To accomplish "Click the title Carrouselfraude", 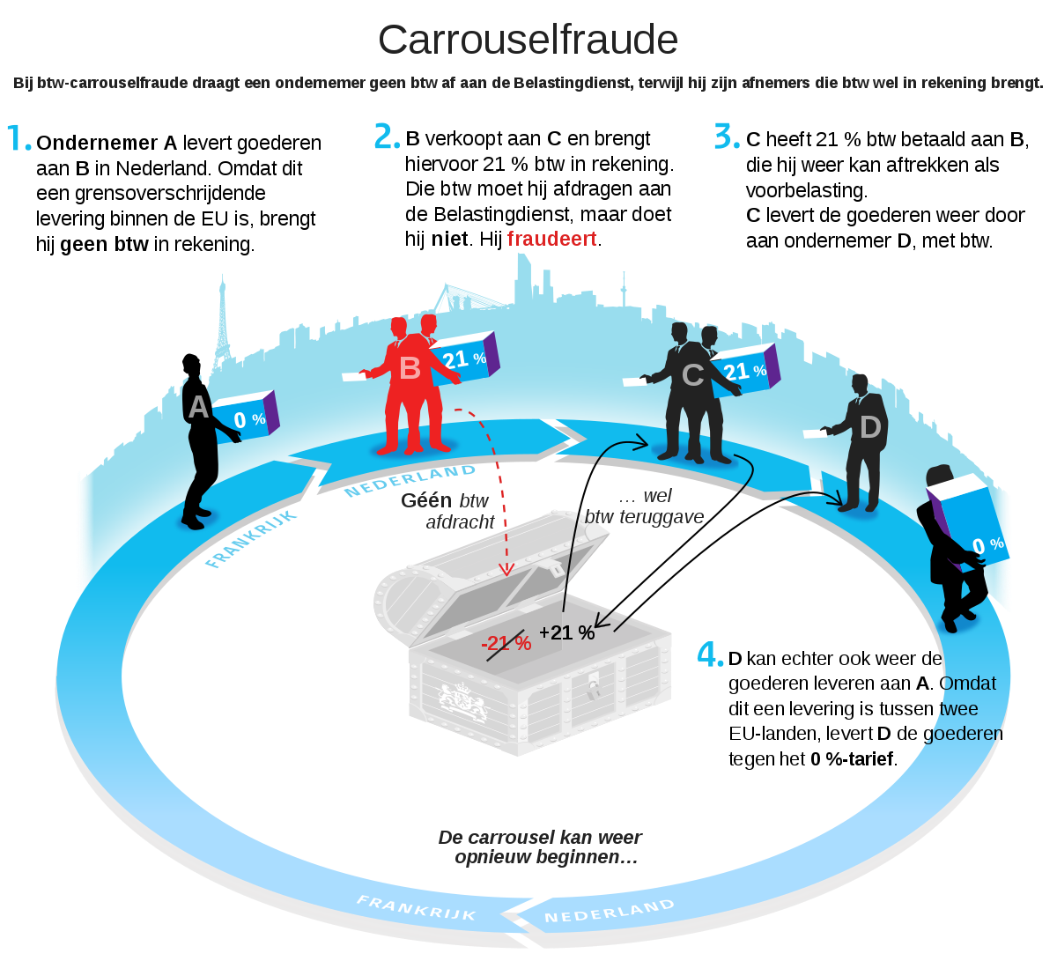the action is (x=528, y=40).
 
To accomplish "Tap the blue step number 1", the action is (x=19, y=137).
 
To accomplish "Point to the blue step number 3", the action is (x=727, y=136).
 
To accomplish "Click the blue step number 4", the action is (x=710, y=654).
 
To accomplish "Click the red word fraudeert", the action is (x=551, y=240).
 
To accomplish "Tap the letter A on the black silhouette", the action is (x=198, y=407).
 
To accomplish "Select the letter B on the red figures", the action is (x=410, y=368).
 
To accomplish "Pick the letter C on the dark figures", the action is (x=692, y=375).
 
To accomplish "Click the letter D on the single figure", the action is (x=870, y=427).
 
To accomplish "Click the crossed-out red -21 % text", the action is (x=506, y=643).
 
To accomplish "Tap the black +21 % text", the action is (x=566, y=632).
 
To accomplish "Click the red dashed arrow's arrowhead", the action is (x=506, y=569).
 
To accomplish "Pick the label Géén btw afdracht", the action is (x=447, y=511).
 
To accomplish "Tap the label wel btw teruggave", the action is (x=644, y=506).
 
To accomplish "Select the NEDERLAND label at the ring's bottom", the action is (x=610, y=911).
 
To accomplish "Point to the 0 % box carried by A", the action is (x=245, y=417).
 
